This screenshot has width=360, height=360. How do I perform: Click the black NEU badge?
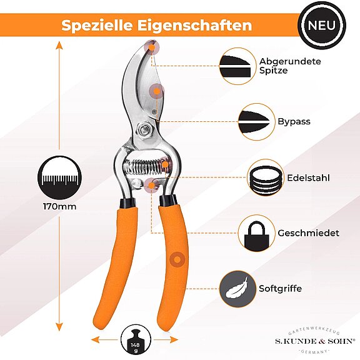click(322, 25)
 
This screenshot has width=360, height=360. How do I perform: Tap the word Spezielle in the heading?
click(97, 25)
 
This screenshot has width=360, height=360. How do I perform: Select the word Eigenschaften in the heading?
click(195, 25)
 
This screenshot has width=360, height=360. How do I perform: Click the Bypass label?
click(294, 121)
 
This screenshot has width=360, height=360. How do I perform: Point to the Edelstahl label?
click(308, 177)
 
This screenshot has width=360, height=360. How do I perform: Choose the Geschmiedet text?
click(308, 233)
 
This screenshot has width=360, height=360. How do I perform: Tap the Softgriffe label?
click(280, 288)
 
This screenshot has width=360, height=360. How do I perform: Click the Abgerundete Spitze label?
click(290, 66)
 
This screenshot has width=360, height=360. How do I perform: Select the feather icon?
click(237, 288)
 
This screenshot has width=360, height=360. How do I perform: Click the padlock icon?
click(256, 236)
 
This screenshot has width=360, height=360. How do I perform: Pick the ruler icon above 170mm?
click(59, 177)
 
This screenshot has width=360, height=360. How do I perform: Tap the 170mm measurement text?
click(60, 206)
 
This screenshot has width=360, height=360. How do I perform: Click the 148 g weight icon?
click(136, 339)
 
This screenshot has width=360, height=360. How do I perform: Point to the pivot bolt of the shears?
click(144, 130)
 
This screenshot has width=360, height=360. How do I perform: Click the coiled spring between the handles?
click(146, 167)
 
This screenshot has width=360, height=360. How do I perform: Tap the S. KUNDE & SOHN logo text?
click(314, 341)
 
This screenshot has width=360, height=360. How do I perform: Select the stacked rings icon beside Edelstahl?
click(266, 177)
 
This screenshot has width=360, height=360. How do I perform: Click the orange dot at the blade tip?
click(152, 47)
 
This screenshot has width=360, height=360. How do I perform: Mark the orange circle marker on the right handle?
click(177, 259)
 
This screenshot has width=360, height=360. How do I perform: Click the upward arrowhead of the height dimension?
click(59, 45)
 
